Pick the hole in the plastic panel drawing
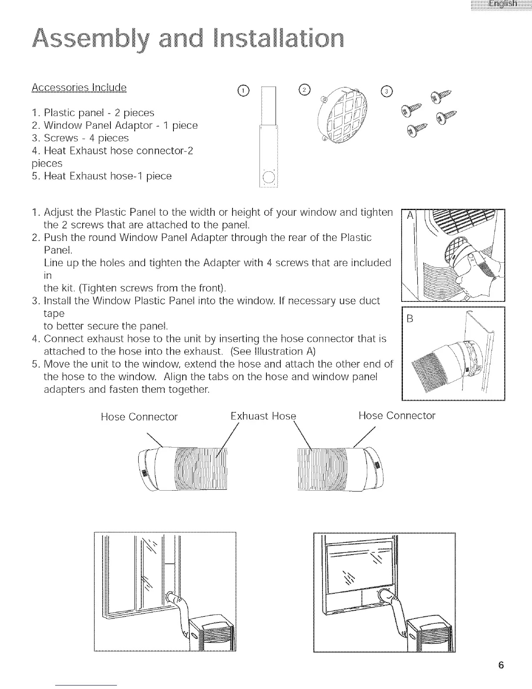coord(268,177)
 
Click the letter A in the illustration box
coord(409,216)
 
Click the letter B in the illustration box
coord(409,319)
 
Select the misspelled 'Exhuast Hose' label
coord(263,416)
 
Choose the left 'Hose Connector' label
coord(139,417)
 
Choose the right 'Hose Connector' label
coord(396,416)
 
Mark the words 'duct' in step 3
coord(371,301)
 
